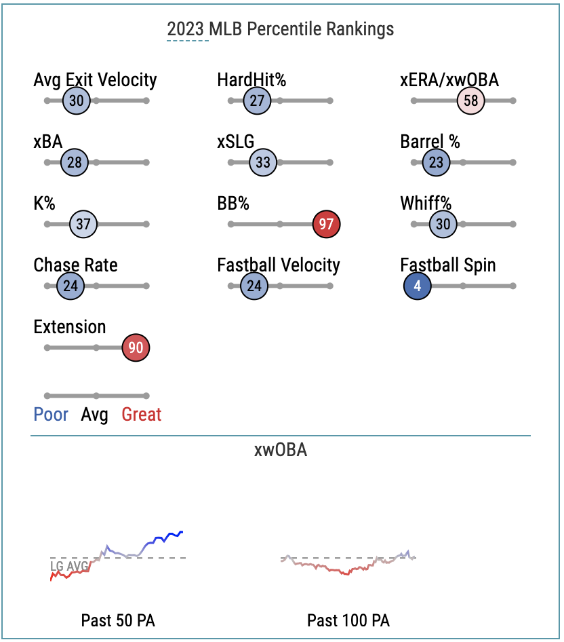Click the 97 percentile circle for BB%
point(326,224)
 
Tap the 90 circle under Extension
point(136,347)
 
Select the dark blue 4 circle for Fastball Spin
point(417,286)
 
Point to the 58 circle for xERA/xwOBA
point(470,100)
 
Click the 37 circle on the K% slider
point(83,224)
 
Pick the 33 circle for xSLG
point(263,162)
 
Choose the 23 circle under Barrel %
point(436,162)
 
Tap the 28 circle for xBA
point(75,162)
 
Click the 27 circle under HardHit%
point(257,100)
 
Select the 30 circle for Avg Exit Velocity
point(77,100)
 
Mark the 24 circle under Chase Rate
point(70,286)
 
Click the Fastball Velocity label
point(279,265)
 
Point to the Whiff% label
point(426,203)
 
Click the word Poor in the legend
point(51,415)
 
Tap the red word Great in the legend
point(142,415)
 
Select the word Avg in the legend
point(94,415)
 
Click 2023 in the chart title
point(185,29)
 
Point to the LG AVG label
point(69,566)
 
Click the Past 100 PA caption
point(348,620)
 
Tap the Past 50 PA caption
point(118,620)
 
